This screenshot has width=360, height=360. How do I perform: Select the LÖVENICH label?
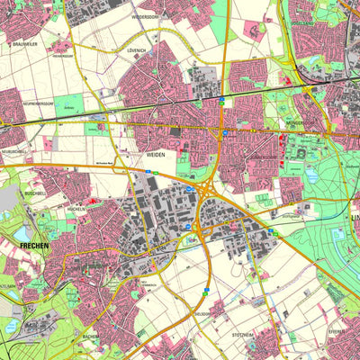[x=137, y=51]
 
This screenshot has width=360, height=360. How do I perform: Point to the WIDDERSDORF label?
[x=144, y=16]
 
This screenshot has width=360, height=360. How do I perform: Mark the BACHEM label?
[x=92, y=336]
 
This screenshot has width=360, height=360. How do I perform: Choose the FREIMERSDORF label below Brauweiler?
[x=62, y=55]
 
